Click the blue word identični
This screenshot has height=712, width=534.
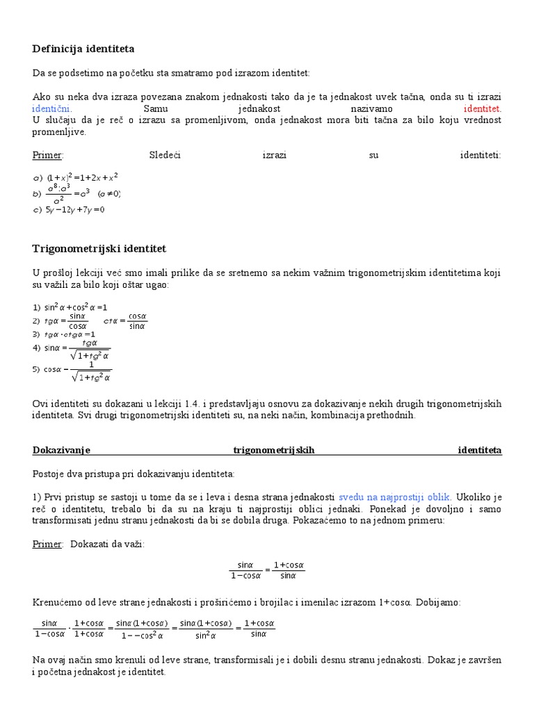(51, 109)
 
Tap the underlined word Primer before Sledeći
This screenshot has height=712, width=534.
(47, 155)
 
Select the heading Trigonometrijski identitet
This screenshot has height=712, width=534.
(99, 248)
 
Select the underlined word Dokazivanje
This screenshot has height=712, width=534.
(62, 450)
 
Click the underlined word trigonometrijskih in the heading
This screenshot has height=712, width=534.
(274, 450)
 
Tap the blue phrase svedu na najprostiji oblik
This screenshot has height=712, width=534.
(395, 497)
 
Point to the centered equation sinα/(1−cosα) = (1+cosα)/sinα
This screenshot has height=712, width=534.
(267, 570)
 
